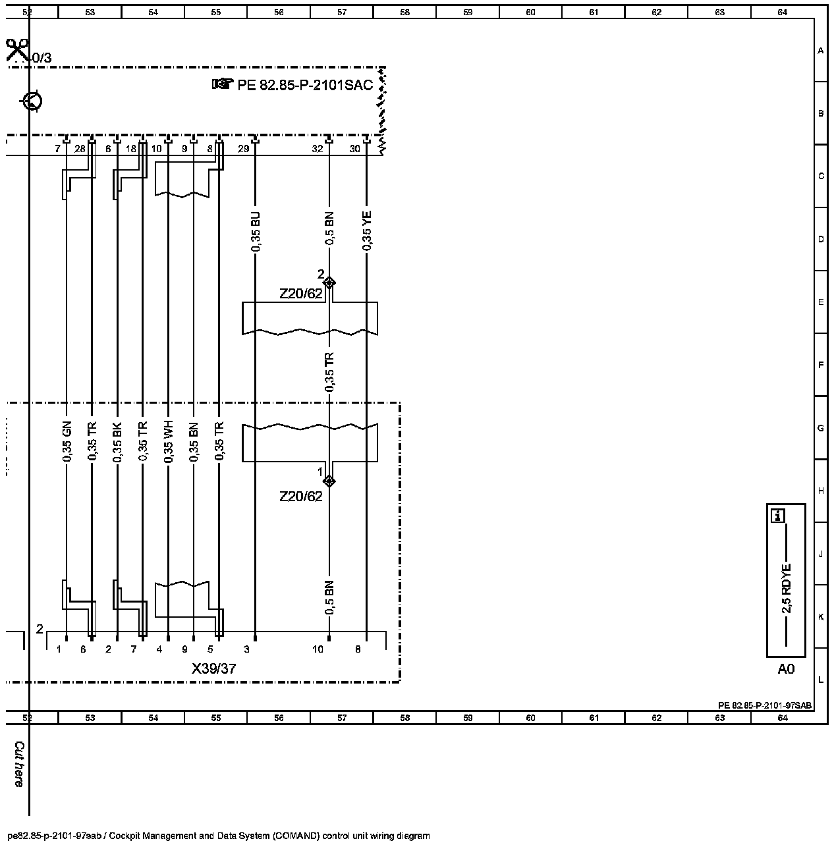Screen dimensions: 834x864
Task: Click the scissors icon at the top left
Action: click(17, 50)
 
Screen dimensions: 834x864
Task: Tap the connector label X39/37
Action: click(213, 668)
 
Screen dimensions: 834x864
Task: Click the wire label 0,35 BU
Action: click(256, 231)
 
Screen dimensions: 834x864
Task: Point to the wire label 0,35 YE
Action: click(367, 230)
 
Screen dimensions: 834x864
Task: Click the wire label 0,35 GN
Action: click(67, 441)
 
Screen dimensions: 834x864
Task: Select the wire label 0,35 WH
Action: click(168, 441)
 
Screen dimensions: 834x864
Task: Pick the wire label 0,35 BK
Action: click(117, 441)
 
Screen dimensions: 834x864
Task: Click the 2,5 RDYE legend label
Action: click(786, 588)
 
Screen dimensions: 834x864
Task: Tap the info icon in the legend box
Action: click(778, 516)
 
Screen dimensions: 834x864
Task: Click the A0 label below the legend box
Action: click(786, 668)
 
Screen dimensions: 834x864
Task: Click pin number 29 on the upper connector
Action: click(243, 149)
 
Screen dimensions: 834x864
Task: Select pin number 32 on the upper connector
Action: click(317, 149)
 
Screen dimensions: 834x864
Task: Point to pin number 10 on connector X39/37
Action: click(318, 649)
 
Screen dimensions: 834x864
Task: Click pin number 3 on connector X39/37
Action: click(246, 649)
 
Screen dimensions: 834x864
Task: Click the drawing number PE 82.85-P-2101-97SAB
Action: click(765, 705)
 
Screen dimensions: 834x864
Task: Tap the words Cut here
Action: click(19, 765)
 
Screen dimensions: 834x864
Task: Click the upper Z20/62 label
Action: click(300, 294)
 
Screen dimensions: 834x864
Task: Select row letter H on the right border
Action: click(821, 491)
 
